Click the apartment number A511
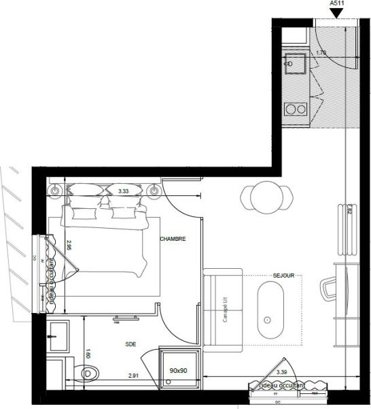click(336, 3)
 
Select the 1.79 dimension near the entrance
click(321, 52)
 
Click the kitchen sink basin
click(295, 65)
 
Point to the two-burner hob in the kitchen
click(295, 108)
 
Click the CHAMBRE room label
click(173, 240)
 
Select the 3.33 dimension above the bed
click(123, 192)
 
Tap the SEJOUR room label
click(283, 276)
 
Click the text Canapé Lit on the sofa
click(224, 311)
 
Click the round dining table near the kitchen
click(264, 198)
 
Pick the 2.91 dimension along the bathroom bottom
click(135, 376)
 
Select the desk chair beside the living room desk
click(329, 288)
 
